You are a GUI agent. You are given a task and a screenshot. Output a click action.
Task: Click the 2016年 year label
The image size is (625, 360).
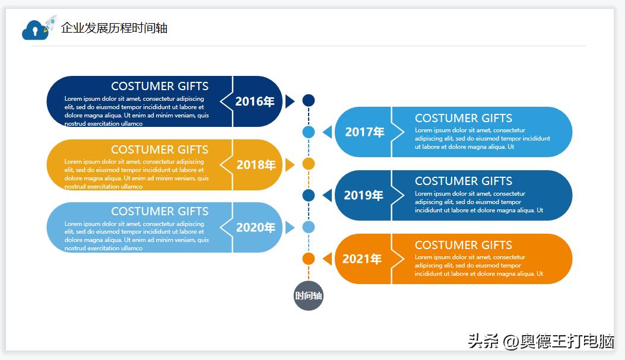(255, 101)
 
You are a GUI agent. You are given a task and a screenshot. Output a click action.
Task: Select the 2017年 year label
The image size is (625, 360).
(364, 132)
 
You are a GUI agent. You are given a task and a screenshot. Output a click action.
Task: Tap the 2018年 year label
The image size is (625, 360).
(256, 165)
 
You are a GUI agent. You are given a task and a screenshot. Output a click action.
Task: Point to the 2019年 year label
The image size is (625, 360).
(363, 195)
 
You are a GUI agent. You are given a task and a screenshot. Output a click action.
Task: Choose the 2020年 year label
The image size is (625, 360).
(255, 227)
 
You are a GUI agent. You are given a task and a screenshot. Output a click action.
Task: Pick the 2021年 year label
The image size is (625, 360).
(362, 259)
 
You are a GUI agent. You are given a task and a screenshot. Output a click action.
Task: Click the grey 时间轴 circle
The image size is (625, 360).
(309, 295)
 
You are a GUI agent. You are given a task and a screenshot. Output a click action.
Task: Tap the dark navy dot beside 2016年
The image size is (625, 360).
(309, 101)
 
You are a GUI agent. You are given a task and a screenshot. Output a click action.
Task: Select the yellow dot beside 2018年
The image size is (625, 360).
(309, 164)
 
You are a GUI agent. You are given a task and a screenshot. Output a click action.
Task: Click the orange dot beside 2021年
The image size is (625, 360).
(309, 259)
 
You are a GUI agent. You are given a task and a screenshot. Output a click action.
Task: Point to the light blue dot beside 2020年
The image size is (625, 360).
(309, 227)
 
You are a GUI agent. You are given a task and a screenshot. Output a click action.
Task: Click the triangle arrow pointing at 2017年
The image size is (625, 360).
(327, 132)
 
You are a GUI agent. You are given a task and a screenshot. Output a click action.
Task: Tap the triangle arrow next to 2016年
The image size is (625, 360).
(290, 101)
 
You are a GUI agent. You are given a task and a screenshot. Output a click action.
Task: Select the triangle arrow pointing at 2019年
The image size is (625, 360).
(327, 195)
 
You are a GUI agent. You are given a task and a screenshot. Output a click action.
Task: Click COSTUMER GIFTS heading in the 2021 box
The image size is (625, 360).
(463, 245)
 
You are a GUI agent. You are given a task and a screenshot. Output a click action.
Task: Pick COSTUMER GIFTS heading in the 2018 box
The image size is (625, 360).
(160, 149)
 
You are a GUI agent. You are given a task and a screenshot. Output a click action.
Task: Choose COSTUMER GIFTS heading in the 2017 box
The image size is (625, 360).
(463, 118)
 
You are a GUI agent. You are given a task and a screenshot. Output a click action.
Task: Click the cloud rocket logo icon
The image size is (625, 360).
(39, 28)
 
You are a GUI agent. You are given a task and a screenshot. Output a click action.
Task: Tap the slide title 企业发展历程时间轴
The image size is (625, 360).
(114, 28)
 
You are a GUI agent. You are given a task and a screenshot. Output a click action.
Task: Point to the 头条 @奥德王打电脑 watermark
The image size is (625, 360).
(541, 341)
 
